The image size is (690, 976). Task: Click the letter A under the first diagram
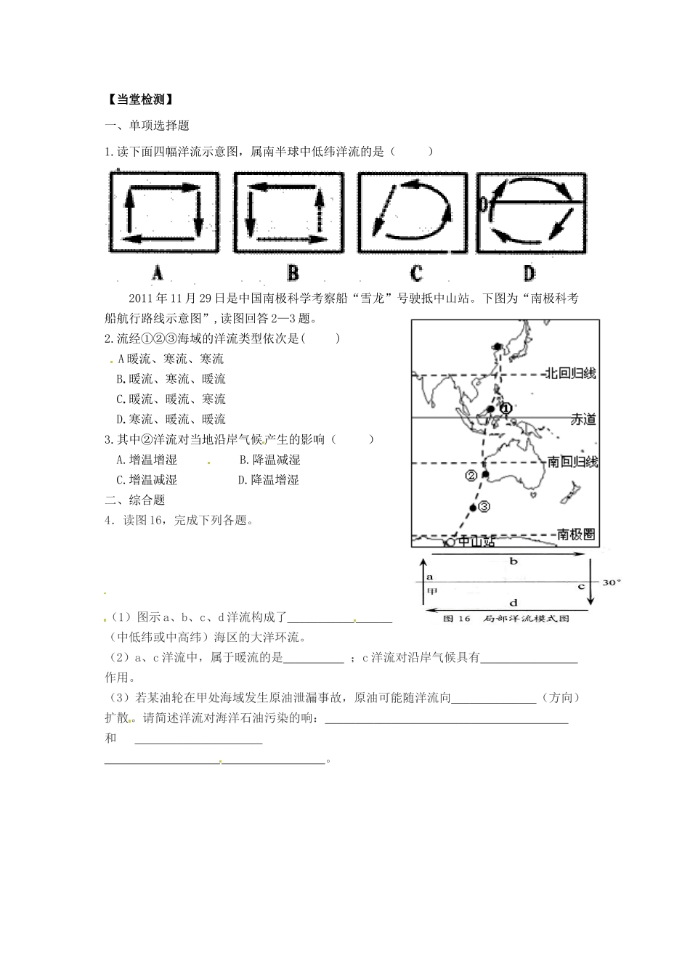pyautogui.click(x=157, y=273)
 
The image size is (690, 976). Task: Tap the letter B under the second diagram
pyautogui.click(x=293, y=273)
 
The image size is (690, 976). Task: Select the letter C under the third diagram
pyautogui.click(x=416, y=273)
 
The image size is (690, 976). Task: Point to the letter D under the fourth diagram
pyautogui.click(x=529, y=273)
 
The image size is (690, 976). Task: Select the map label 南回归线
pyautogui.click(x=572, y=462)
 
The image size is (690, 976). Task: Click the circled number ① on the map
pyautogui.click(x=506, y=408)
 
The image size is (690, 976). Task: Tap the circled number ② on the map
pyautogui.click(x=471, y=476)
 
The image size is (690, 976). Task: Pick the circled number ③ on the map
pyautogui.click(x=485, y=506)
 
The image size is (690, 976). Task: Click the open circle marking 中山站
pyautogui.click(x=450, y=542)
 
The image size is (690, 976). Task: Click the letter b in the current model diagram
pyautogui.click(x=513, y=561)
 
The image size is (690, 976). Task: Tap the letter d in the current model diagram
pyautogui.click(x=514, y=602)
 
